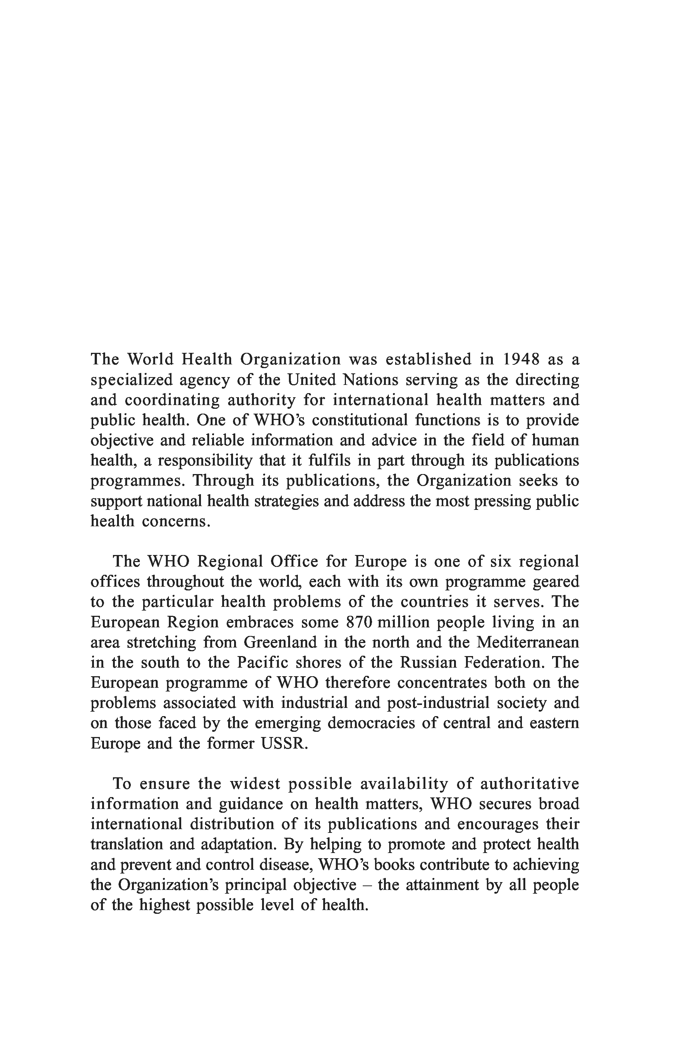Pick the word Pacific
[263, 663]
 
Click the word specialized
[131, 380]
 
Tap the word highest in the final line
[163, 904]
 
